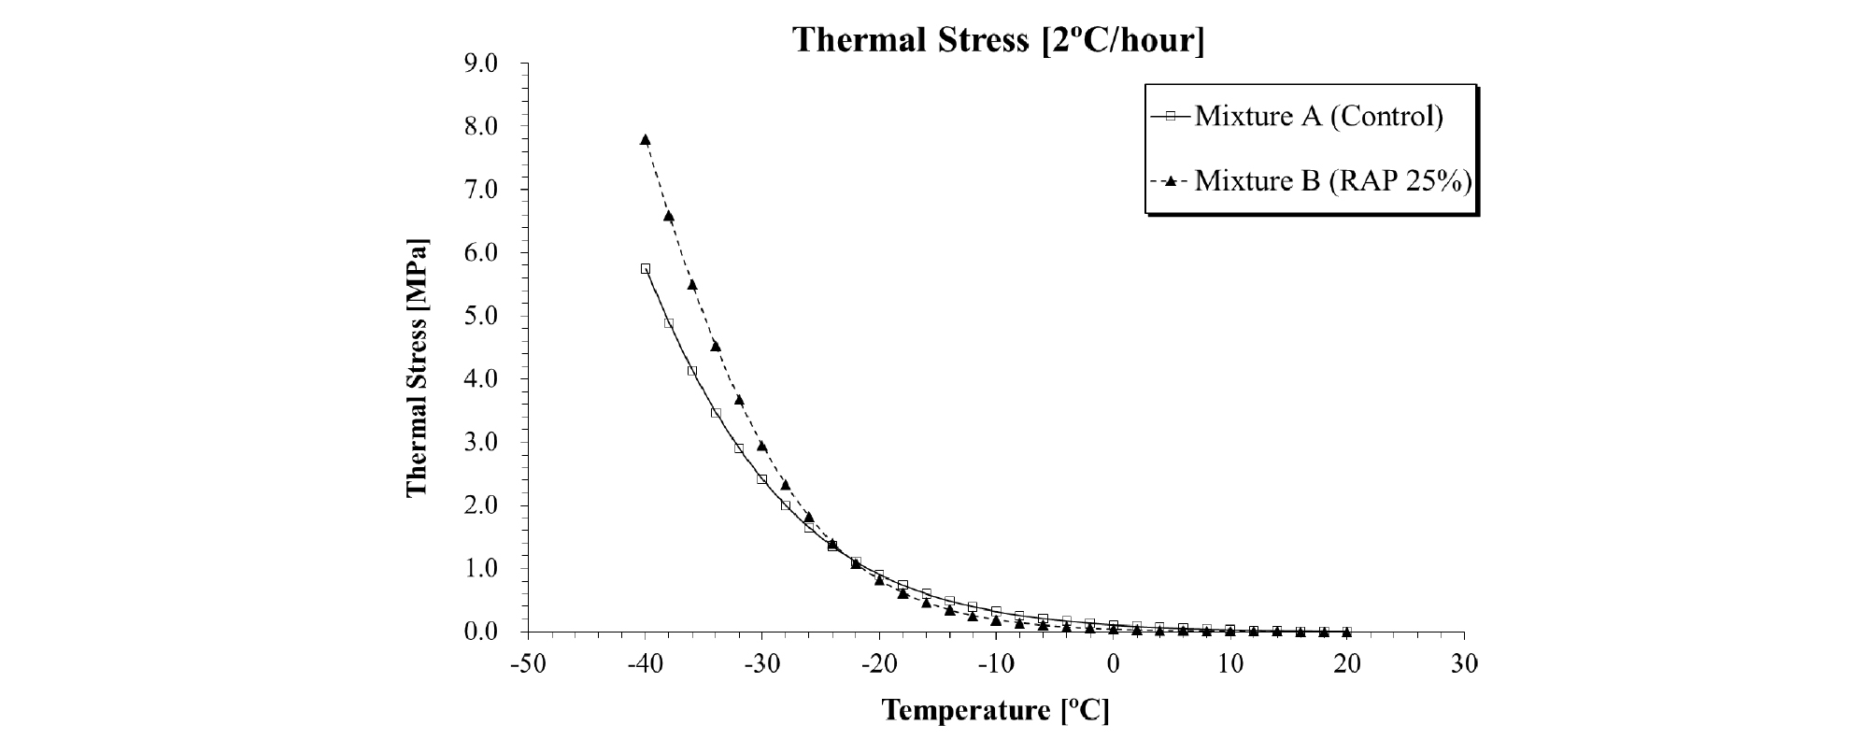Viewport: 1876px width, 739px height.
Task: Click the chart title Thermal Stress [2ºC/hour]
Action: tap(998, 40)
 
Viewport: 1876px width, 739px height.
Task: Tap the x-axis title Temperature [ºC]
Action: tap(996, 711)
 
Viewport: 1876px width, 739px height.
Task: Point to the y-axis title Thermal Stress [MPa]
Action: tap(417, 369)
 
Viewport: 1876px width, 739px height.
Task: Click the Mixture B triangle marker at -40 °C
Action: tap(645, 139)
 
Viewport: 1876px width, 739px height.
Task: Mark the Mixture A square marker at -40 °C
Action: tap(645, 268)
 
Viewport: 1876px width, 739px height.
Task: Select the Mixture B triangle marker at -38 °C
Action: tap(669, 216)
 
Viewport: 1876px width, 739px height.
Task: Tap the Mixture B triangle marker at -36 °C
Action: tap(692, 284)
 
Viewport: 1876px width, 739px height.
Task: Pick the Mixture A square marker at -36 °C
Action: tap(692, 371)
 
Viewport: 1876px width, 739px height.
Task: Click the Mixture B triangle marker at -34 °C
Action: tap(716, 346)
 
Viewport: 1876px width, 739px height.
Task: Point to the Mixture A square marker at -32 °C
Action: tap(739, 448)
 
